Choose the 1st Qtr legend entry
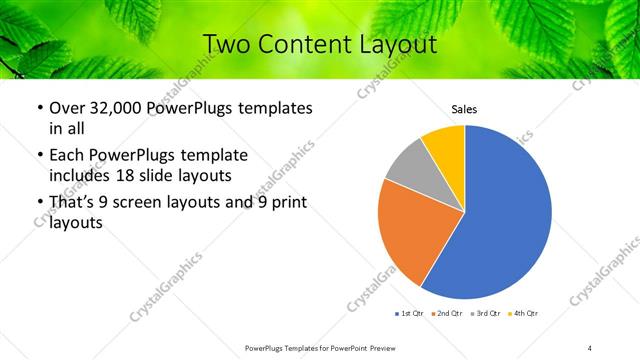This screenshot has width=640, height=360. tap(410, 314)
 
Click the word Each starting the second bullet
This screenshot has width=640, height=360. tap(68, 155)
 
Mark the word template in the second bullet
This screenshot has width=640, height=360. tap(212, 155)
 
